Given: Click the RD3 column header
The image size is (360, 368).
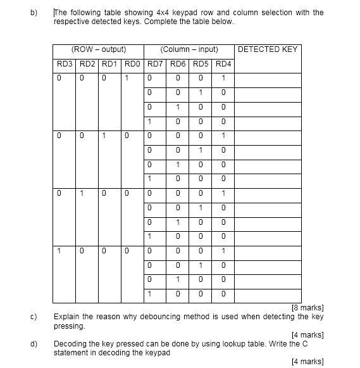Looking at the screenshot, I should [x=65, y=64].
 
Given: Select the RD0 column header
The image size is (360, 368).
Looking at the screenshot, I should [x=133, y=64].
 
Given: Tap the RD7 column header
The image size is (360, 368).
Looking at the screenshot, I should [x=155, y=64].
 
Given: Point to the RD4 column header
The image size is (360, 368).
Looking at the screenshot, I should [x=223, y=64].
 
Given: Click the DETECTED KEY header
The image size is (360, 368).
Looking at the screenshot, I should [x=266, y=49].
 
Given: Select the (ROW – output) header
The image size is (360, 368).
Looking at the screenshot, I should [x=99, y=49].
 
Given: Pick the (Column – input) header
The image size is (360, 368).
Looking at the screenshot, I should [x=189, y=49].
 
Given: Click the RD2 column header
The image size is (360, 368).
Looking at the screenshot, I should [x=88, y=64].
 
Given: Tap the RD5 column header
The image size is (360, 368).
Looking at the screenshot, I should [x=201, y=64].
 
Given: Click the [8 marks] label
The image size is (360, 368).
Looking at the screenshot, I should [x=307, y=308].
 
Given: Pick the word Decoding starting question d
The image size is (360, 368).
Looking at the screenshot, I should [x=70, y=344].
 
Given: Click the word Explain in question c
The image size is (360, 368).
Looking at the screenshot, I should [x=67, y=317].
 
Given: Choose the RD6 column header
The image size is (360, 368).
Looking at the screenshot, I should [x=178, y=64].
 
